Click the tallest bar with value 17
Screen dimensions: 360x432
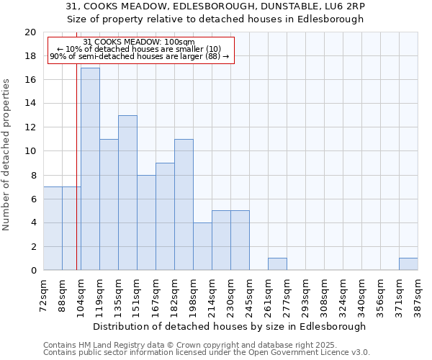click(x=90, y=169)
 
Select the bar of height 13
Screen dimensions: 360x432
click(x=127, y=193)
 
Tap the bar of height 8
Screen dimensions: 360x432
click(x=146, y=222)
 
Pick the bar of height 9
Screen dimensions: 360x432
click(x=165, y=217)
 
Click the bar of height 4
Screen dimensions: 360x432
click(x=202, y=246)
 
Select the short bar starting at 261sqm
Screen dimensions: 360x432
click(x=277, y=264)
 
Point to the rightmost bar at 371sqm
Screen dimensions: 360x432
click(x=408, y=264)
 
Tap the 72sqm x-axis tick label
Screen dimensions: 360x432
click(x=44, y=294)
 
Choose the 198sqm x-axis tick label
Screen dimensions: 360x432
click(x=194, y=294)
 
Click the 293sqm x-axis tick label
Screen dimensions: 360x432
click(x=306, y=294)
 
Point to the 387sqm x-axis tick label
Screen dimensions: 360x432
click(x=418, y=294)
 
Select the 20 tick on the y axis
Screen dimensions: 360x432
click(x=30, y=32)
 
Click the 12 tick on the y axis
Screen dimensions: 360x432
click(x=30, y=127)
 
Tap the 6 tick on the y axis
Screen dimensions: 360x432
click(x=32, y=199)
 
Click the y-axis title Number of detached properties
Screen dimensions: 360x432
click(x=7, y=155)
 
